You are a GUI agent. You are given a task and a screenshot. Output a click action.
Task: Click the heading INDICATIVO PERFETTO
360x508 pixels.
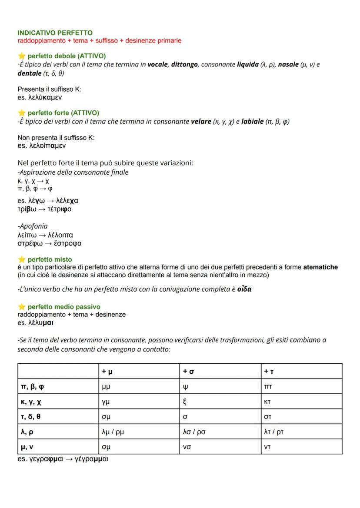(55, 33)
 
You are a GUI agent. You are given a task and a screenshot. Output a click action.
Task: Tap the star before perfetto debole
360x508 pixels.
(21, 56)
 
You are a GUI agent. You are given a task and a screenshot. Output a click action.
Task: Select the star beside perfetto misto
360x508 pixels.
(21, 259)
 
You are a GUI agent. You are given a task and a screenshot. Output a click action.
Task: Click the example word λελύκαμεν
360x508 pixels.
(43, 97)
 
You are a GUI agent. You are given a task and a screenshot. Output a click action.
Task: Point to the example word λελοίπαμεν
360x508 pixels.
(46, 146)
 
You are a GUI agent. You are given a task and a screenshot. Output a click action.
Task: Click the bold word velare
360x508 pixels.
(201, 121)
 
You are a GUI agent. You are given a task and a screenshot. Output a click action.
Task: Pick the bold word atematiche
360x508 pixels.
(320, 267)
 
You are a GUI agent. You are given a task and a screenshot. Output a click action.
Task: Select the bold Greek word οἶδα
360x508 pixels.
(244, 289)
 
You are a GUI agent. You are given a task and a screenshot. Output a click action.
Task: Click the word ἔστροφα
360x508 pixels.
(65, 243)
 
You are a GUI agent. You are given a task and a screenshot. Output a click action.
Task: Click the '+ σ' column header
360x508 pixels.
(187, 371)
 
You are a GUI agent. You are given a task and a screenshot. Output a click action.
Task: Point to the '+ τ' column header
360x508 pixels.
(268, 371)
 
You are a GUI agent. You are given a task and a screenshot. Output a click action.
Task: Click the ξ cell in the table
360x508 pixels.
(185, 402)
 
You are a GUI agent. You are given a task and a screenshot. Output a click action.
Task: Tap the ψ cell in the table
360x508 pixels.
(186, 387)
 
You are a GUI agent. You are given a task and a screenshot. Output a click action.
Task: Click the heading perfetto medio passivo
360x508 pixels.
(63, 307)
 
